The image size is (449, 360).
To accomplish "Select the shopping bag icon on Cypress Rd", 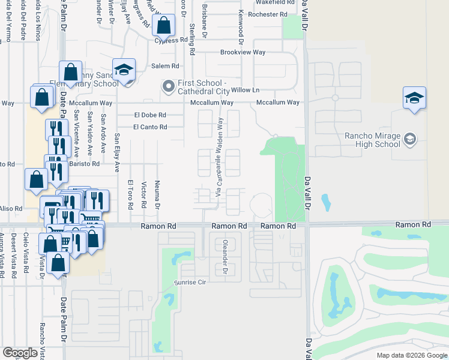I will tap(163, 26).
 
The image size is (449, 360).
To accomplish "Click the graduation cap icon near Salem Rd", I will tap(124, 70).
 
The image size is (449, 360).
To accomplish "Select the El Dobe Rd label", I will tap(149, 114).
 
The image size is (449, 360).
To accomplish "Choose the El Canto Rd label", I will tap(149, 127).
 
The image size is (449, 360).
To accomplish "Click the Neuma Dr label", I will tap(157, 194).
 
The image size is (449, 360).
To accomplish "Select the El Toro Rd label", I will tap(130, 194).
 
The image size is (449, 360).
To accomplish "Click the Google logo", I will tap(20, 353).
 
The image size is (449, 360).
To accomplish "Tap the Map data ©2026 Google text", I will tap(411, 355).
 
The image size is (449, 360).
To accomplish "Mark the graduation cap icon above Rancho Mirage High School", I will tap(414, 97).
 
